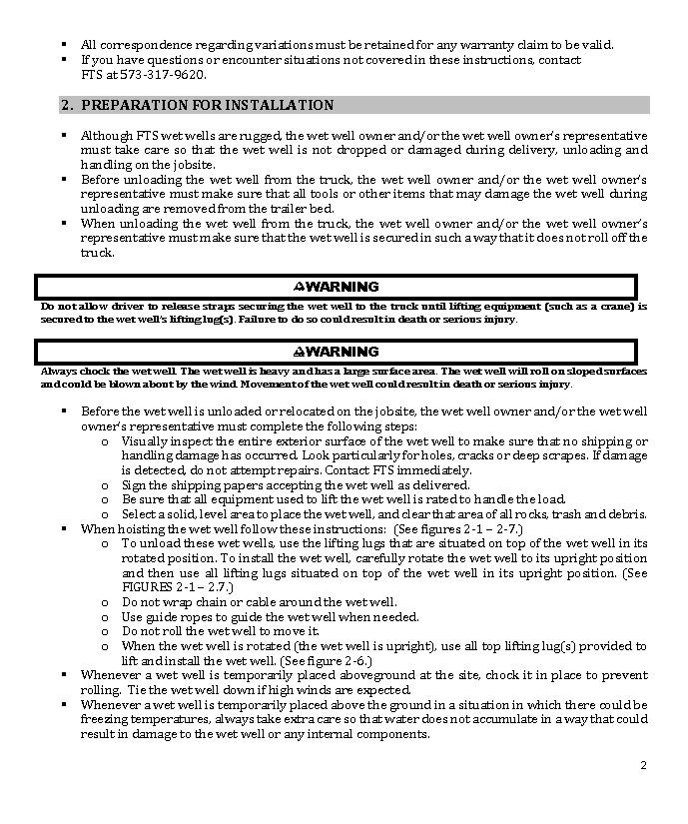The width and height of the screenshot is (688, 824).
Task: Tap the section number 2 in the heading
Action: click(x=66, y=105)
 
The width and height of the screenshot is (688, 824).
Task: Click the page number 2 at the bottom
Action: click(x=643, y=766)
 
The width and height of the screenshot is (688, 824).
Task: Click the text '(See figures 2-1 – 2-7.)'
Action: click(x=457, y=528)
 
